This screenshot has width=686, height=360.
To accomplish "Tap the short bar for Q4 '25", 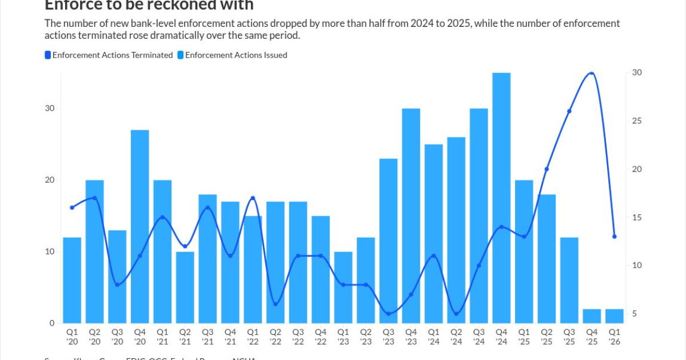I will pos(592,316).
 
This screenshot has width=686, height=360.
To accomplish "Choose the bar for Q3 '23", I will pos(388,241).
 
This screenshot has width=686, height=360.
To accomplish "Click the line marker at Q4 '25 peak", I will pos(592,73).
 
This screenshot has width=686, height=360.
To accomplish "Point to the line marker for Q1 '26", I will pos(615,236).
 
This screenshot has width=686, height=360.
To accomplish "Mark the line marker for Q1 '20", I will pos(72,207).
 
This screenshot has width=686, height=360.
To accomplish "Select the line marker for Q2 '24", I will pos(456,314).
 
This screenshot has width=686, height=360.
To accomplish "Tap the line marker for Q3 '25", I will pos(569,111).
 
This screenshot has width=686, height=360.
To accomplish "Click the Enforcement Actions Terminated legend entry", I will pos(109,55).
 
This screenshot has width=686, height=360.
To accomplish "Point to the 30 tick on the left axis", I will pos(50,109).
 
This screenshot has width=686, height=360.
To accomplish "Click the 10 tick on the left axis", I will pos(50,251).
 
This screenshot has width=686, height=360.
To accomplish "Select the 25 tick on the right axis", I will pos(637,121).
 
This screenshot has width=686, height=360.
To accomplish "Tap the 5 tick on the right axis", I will pos(635,314).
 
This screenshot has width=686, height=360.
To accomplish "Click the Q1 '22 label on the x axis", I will pos(253,337).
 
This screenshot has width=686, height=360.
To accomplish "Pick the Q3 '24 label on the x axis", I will pos(478,337).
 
